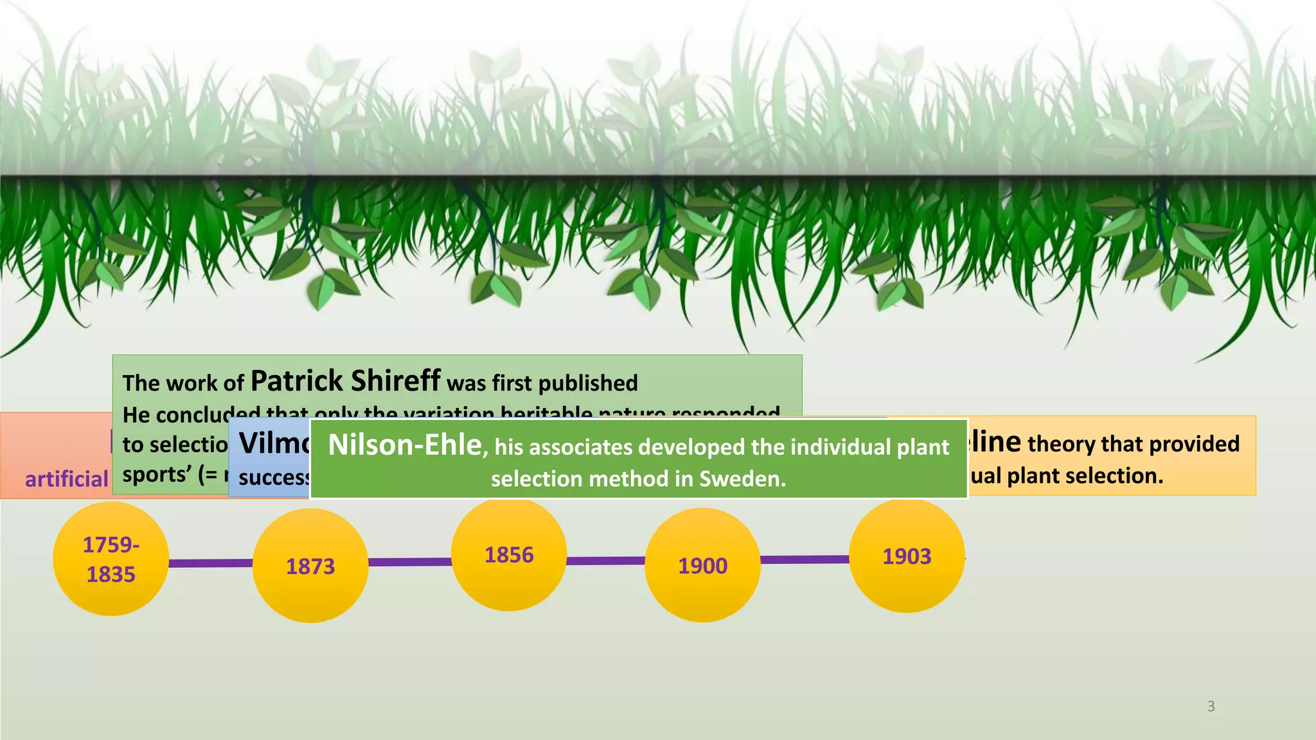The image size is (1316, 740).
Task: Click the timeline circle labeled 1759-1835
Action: pyautogui.click(x=111, y=559)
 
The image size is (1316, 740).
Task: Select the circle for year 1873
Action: pyautogui.click(x=310, y=566)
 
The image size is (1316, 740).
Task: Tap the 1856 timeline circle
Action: pyautogui.click(x=509, y=555)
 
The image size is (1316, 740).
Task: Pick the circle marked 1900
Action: pyautogui.click(x=702, y=565)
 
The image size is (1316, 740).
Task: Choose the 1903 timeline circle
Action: pyautogui.click(x=907, y=556)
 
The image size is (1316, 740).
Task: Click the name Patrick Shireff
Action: pyautogui.click(x=345, y=381)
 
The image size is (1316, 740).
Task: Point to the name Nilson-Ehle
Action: pyautogui.click(x=405, y=445)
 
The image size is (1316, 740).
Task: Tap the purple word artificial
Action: pyautogui.click(x=66, y=479)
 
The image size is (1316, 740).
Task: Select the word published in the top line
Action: pyautogui.click(x=588, y=383)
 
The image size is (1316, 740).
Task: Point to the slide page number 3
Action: pyautogui.click(x=1211, y=706)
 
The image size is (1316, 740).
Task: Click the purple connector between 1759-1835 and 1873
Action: pyautogui.click(x=211, y=563)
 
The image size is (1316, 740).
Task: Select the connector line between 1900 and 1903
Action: pyautogui.click(x=805, y=559)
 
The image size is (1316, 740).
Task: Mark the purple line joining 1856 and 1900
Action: pyautogui.click(x=605, y=561)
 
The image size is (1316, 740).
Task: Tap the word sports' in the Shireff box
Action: pyautogui.click(x=156, y=475)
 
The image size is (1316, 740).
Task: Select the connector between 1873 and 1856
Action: pyautogui.click(x=409, y=562)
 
